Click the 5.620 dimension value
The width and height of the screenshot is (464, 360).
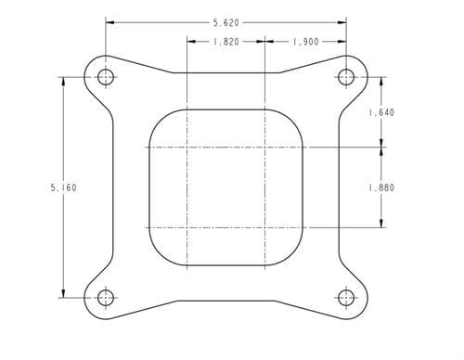click(226, 22)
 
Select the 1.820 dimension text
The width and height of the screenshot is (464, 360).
click(226, 42)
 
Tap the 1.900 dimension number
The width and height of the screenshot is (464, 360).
click(305, 42)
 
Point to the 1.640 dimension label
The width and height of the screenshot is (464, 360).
click(381, 112)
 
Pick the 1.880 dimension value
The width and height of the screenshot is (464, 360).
click(381, 187)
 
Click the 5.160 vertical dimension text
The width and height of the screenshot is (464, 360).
click(63, 187)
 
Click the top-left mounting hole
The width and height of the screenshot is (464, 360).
click(106, 77)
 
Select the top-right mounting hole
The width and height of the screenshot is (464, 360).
click(346, 77)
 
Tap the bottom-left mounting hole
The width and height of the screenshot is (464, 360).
click(106, 298)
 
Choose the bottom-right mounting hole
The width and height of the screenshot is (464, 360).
click(346, 298)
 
